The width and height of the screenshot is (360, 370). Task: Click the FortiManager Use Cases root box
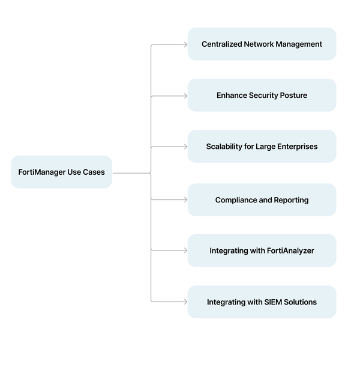tap(61, 172)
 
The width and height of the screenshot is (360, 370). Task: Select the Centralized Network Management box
tap(262, 44)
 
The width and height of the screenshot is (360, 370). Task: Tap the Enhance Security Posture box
tap(262, 96)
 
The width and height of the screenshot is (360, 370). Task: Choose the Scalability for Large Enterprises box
tap(262, 147)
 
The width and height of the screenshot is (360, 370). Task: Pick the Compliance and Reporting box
tap(262, 200)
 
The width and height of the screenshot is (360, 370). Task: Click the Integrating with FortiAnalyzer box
tap(262, 250)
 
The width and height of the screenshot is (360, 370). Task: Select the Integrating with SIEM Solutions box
tap(262, 302)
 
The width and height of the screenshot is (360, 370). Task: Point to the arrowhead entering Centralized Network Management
tap(185, 44)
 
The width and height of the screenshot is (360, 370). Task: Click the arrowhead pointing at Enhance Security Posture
tap(185, 96)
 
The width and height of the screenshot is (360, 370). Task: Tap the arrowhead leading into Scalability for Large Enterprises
tap(185, 147)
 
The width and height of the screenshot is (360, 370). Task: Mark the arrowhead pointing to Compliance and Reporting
tap(185, 199)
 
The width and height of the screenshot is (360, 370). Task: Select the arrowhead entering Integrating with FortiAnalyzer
tap(185, 250)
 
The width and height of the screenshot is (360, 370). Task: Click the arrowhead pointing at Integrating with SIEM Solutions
tap(185, 302)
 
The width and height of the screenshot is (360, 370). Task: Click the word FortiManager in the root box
tap(41, 172)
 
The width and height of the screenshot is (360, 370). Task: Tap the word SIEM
tap(275, 302)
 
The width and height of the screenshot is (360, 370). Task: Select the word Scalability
tap(224, 147)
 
